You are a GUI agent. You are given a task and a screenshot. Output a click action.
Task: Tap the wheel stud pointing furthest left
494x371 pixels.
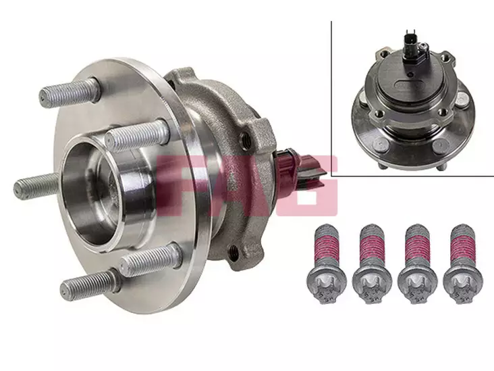click(36, 187)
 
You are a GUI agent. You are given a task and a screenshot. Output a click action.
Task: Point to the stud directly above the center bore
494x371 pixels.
click(137, 135)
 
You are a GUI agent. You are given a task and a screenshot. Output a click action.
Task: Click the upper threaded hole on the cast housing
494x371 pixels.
click(245, 138)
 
